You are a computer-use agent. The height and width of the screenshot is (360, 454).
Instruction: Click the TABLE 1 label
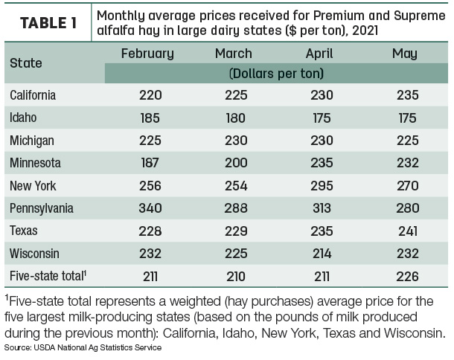pos(48,23)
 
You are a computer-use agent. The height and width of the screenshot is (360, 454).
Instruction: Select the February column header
pos(147,54)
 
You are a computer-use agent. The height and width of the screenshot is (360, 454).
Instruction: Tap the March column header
pos(234,54)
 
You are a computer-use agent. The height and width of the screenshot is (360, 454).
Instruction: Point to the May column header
pos(404,54)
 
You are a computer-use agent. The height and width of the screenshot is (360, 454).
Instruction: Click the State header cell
pos(26,62)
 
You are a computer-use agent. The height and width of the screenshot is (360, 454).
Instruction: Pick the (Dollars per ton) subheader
pos(276,74)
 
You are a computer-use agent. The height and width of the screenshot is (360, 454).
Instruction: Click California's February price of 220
pos(150,95)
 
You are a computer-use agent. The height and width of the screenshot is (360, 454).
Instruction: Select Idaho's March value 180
pos(236,118)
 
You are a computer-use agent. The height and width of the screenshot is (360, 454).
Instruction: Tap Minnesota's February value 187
pos(150,163)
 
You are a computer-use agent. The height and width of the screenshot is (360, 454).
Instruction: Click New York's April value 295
pos(322,185)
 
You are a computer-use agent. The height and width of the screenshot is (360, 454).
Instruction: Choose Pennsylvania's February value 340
pos(150,208)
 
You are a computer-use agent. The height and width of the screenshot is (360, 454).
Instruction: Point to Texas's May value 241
pos(408,231)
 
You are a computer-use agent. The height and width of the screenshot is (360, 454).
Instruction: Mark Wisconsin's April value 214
pos(322,254)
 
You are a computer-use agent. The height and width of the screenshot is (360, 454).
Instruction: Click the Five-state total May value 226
pos(407,277)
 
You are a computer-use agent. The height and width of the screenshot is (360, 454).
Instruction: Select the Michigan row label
pos(32,141)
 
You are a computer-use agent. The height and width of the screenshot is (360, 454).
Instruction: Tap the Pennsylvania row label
pos(42,209)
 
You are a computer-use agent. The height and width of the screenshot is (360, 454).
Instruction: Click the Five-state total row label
pos(48,275)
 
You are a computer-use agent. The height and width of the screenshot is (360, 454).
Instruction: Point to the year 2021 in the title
pos(365,30)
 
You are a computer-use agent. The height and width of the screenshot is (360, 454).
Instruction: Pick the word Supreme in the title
pos(419,16)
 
